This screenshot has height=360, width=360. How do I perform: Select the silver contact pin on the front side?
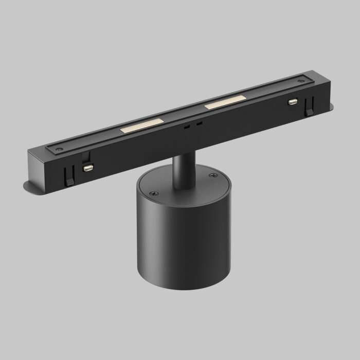[x=88, y=168]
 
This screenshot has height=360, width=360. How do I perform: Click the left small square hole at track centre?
[x=188, y=125]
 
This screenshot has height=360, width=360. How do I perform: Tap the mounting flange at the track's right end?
[x=328, y=107]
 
